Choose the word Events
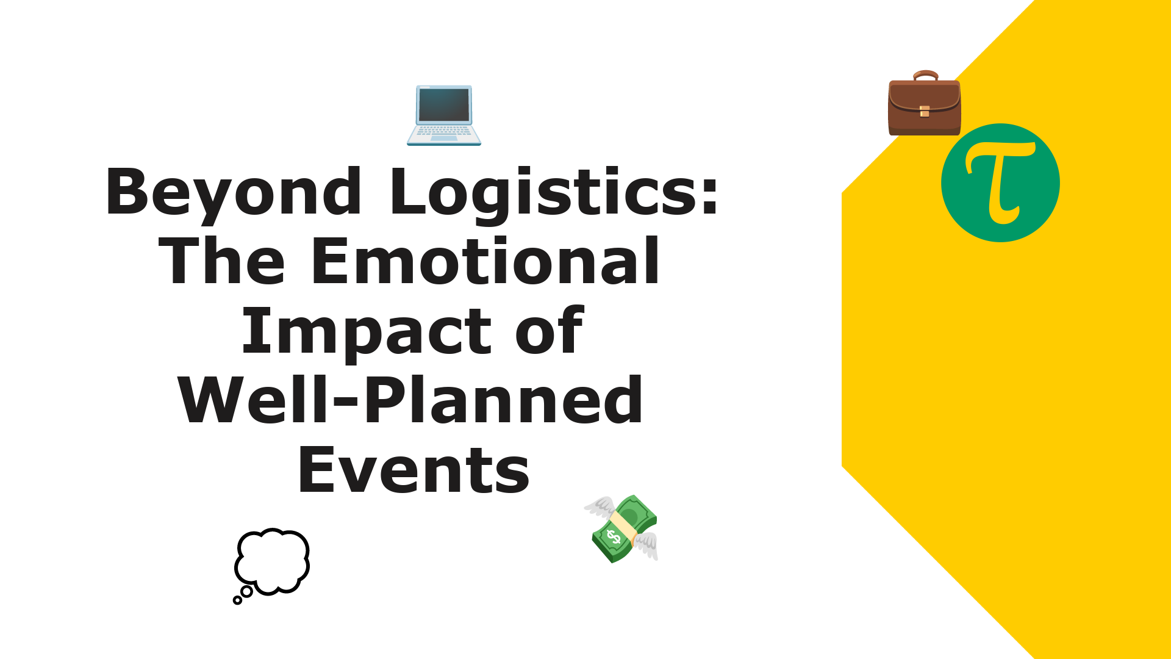[x=414, y=470]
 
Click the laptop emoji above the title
[x=444, y=115]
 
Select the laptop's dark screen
[x=444, y=105]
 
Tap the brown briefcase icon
[x=925, y=103]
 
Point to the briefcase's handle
[x=925, y=76]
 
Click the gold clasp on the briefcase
[x=925, y=111]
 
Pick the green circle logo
[x=1000, y=183]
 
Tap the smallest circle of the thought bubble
[x=237, y=600]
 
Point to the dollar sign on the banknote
[x=613, y=537]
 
